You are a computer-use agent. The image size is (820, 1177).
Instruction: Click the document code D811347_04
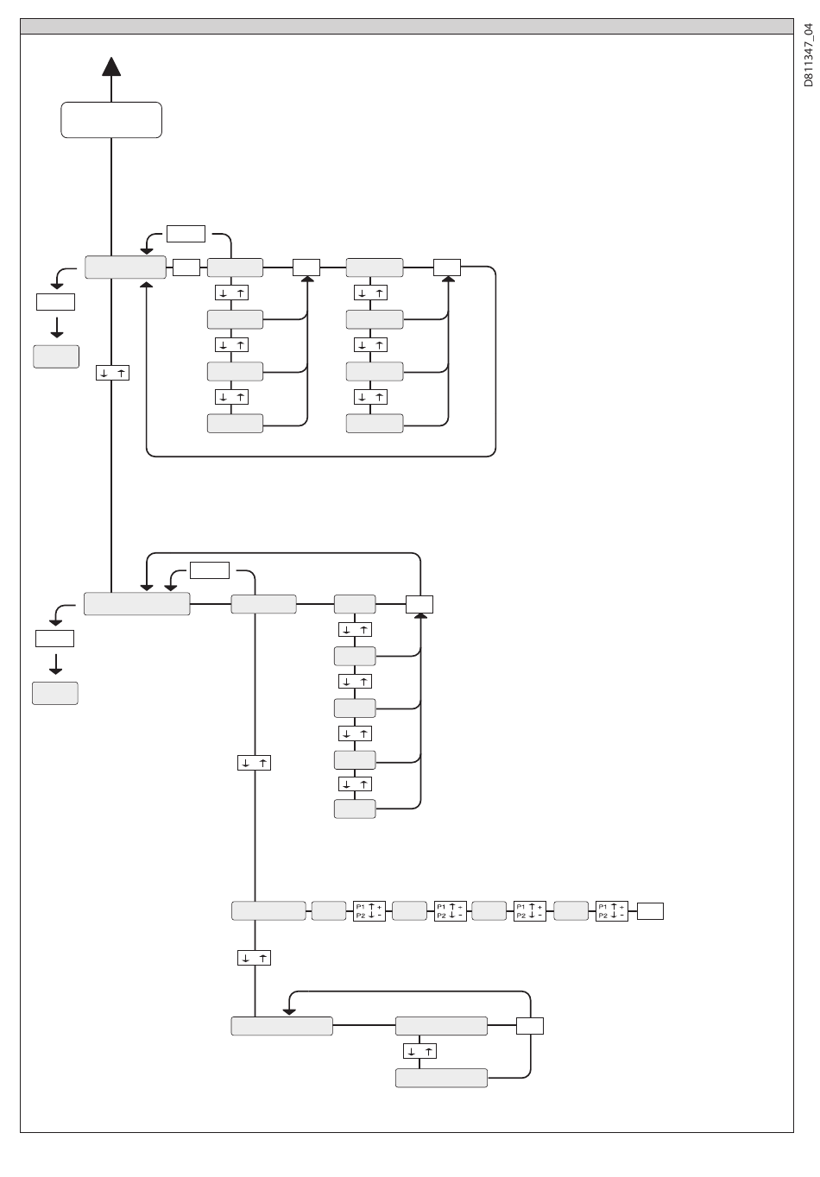point(809,55)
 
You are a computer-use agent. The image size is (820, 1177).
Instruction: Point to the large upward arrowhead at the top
point(111,66)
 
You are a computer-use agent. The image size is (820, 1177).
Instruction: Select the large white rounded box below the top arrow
point(111,120)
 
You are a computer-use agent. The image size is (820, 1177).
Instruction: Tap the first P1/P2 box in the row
point(369,911)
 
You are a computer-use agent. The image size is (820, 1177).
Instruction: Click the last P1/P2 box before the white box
point(612,911)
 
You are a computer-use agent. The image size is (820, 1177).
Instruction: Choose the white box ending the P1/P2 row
point(650,911)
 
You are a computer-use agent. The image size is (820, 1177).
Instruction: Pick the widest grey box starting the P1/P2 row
point(268,911)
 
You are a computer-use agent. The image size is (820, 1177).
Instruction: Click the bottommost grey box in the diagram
point(442,1078)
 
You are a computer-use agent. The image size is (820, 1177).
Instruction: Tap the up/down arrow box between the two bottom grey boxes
point(420,1051)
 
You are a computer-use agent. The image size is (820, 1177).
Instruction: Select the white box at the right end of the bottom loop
point(530,1026)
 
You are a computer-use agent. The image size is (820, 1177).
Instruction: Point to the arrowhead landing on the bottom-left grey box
point(289,1011)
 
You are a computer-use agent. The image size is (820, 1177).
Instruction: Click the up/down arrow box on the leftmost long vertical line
point(112,373)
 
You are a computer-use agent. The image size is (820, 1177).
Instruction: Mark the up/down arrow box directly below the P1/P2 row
point(254,959)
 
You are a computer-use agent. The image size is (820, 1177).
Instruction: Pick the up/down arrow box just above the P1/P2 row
point(254,763)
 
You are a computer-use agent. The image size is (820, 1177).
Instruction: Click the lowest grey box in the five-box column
point(355,809)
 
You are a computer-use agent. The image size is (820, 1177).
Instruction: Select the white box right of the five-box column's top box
point(419,604)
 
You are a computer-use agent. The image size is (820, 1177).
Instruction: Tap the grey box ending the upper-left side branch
point(56,356)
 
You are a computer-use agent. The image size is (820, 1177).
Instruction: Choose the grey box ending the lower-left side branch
point(55,693)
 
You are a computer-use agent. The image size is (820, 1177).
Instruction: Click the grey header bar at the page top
point(407,26)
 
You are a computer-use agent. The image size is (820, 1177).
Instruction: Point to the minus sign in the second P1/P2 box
point(460,916)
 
